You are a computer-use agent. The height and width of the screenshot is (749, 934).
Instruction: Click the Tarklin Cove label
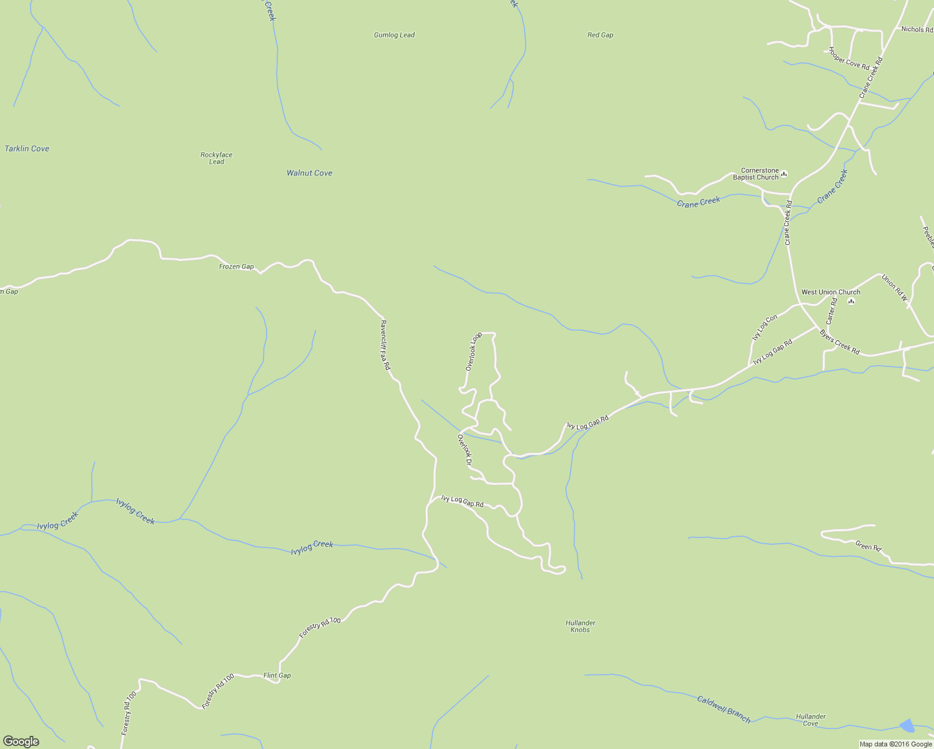tap(27, 149)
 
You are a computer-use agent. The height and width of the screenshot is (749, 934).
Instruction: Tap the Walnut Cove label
tap(309, 173)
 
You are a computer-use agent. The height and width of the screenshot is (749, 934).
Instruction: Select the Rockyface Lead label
tap(217, 158)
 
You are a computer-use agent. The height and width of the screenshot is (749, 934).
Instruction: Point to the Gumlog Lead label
tap(394, 35)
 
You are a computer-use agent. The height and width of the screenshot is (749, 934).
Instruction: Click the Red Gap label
tap(600, 35)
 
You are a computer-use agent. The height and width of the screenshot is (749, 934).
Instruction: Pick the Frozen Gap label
tap(236, 267)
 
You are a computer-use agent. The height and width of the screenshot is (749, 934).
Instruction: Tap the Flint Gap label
tap(277, 675)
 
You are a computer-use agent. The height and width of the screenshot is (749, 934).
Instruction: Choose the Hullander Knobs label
tap(580, 626)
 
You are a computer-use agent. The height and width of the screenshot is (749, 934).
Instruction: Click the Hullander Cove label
tap(810, 720)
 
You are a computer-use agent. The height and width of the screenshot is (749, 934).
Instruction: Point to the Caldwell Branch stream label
tap(724, 709)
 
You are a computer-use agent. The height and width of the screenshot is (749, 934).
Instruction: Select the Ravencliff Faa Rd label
tap(385, 345)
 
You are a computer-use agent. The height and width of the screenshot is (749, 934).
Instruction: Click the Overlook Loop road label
tap(474, 351)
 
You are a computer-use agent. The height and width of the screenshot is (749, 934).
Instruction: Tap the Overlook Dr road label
tap(465, 451)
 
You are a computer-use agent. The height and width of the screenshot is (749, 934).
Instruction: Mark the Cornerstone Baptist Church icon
tap(784, 174)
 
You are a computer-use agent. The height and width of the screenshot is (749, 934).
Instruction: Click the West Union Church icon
tap(851, 301)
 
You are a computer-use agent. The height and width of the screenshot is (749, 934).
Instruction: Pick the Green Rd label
tap(868, 547)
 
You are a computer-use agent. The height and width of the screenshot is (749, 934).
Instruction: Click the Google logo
tap(21, 741)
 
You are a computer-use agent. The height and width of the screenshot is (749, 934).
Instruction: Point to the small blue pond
tap(907, 725)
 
